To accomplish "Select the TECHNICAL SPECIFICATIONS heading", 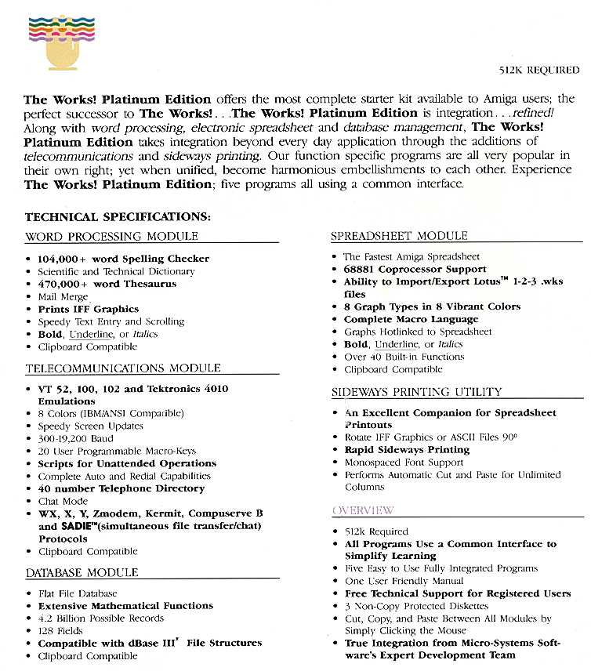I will point(117,216).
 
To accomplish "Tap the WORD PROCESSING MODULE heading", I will point(111,236).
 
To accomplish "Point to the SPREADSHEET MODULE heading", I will point(399,236).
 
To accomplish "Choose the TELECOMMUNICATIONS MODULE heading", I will point(123,368).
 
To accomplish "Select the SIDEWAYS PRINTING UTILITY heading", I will point(416,392).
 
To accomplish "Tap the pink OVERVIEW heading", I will point(363,511).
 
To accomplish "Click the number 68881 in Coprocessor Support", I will point(362,269).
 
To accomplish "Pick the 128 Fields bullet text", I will point(60,630).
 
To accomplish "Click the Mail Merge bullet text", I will point(63,296).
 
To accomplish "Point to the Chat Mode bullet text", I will point(63,501).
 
